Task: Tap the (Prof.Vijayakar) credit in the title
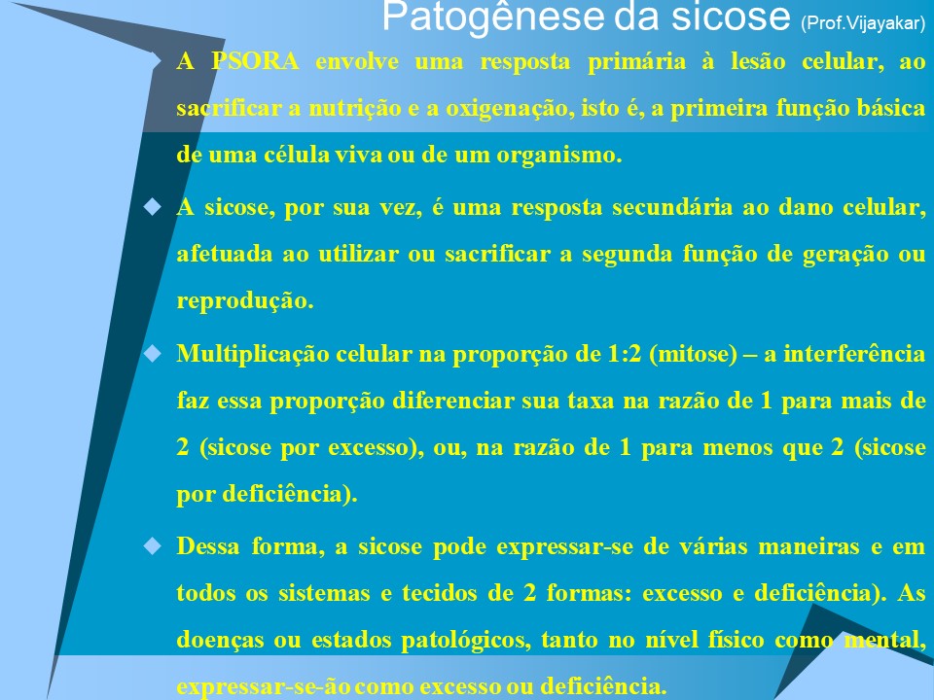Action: click(863, 20)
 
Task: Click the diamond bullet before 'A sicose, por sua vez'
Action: click(152, 207)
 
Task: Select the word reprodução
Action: click(245, 300)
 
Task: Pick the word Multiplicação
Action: click(246, 354)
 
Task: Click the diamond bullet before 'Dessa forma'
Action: click(152, 546)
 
